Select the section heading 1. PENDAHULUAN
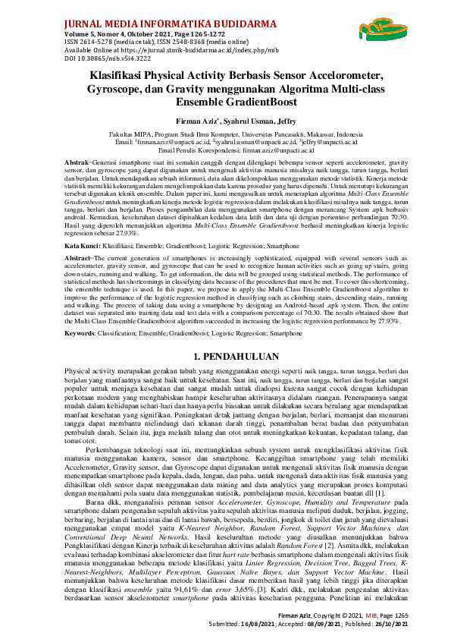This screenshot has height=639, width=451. click(226, 356)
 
